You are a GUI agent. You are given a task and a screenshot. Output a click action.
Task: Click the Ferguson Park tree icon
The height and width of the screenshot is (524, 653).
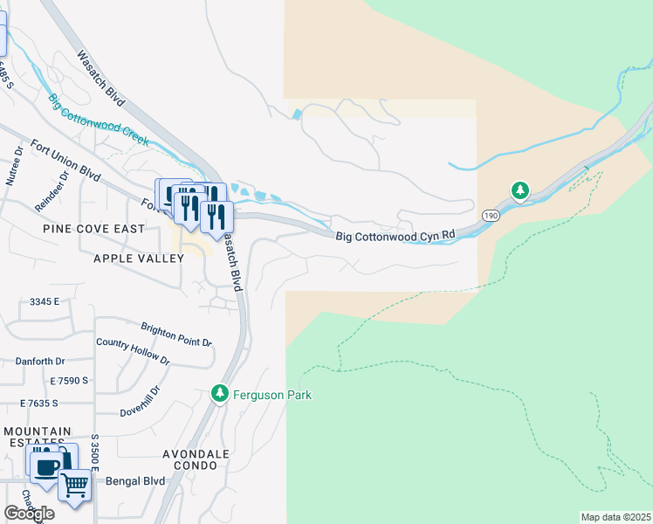pyautogui.click(x=220, y=395)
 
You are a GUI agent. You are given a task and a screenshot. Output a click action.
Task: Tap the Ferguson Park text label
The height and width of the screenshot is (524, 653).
pyautogui.click(x=272, y=396)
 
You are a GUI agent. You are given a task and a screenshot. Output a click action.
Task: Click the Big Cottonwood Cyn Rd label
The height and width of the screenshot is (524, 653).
pyautogui.click(x=396, y=236)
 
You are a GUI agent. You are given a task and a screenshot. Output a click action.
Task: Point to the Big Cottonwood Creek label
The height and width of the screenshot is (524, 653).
pyautogui.click(x=99, y=120)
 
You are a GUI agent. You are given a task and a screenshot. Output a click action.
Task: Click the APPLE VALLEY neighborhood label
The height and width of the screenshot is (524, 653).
pyautogui.click(x=134, y=259)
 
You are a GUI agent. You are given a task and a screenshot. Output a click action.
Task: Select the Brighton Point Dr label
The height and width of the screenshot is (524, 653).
pyautogui.click(x=177, y=334)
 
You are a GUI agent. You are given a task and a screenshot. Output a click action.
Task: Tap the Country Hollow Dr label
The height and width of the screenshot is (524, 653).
pyautogui.click(x=134, y=351)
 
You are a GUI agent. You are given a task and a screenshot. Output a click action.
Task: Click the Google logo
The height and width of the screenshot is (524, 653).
pyautogui.click(x=29, y=514)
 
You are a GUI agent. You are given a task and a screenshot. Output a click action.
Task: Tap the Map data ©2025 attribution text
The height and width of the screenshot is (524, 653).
pyautogui.click(x=615, y=517)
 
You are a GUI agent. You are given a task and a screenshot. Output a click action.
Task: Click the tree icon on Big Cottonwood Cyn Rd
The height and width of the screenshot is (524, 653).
pyautogui.click(x=520, y=190)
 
